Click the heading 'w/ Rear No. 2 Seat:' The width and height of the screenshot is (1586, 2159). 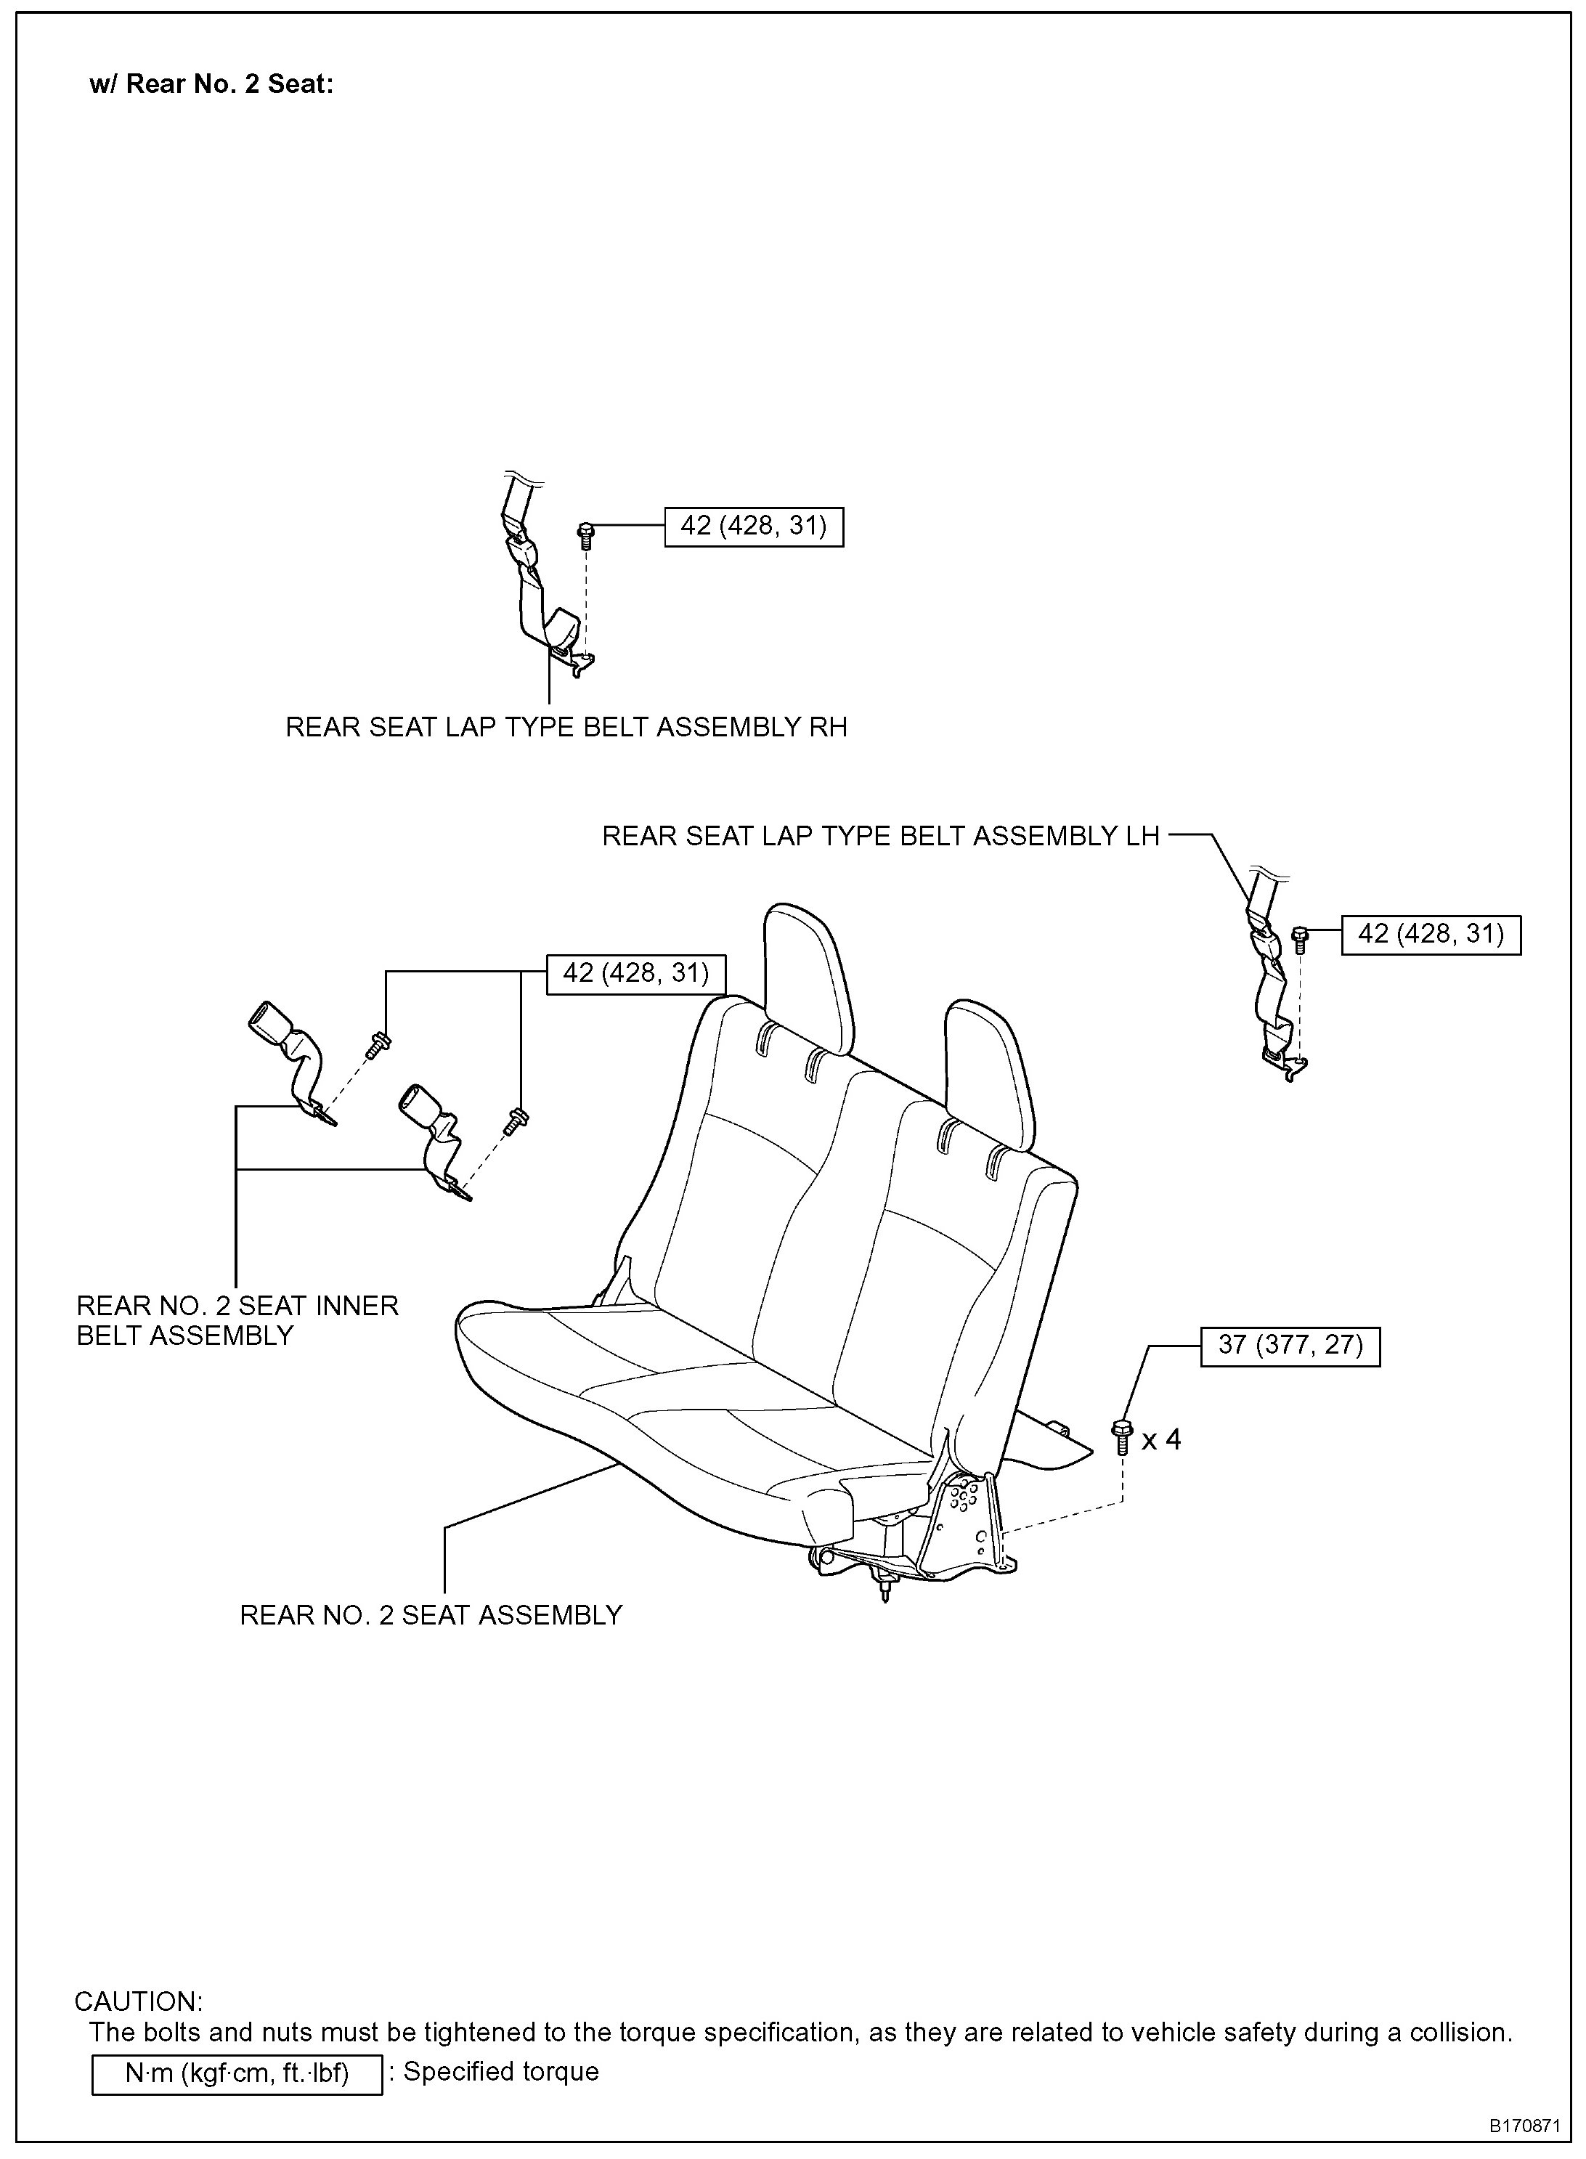211,84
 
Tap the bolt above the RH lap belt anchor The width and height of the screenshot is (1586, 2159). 585,533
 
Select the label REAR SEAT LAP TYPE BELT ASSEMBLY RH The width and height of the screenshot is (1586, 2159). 566,728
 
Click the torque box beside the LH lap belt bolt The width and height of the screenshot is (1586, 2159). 1431,934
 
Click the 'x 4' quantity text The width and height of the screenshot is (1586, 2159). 1160,1439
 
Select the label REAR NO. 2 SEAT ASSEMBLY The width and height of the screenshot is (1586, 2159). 431,1614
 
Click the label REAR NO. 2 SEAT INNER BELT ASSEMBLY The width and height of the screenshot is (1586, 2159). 237,1320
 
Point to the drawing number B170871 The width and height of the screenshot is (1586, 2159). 1524,2126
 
